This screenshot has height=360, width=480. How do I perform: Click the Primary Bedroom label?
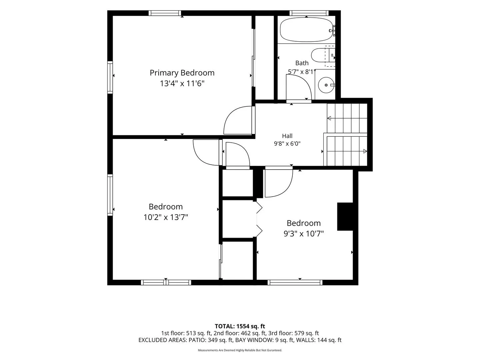(182, 73)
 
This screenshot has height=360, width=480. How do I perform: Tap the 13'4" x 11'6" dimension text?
(182, 83)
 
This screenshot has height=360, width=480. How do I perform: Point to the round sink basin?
(326, 85)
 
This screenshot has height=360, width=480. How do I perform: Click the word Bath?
(302, 63)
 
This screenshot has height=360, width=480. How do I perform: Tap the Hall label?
(287, 136)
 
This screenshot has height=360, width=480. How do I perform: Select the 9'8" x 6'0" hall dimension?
(287, 144)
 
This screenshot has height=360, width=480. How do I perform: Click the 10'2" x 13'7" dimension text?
(166, 217)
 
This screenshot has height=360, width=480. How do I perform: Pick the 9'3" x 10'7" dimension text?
(304, 234)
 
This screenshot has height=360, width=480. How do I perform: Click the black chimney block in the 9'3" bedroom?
(345, 217)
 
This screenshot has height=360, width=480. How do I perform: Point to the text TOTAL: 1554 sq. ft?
(240, 326)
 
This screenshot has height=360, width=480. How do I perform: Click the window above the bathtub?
(309, 13)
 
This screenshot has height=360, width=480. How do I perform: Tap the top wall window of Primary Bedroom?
(165, 13)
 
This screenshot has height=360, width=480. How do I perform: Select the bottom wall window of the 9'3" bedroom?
(295, 283)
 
